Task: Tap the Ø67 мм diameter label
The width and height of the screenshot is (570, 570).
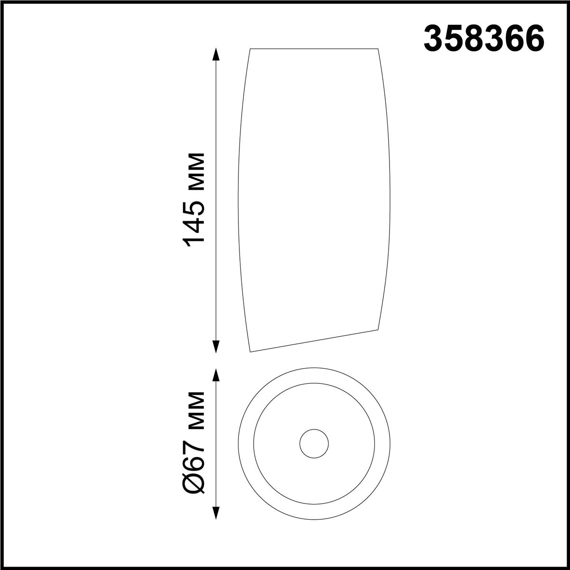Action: [x=195, y=444]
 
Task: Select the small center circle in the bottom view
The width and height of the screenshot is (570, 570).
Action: [x=314, y=444]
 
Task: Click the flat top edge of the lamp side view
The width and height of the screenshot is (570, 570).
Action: [x=313, y=48]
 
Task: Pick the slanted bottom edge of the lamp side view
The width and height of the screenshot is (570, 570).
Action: [x=313, y=340]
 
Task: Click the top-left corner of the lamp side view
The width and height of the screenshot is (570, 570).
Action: [x=250, y=49]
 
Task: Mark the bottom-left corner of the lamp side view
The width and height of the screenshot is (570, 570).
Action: [x=250, y=352]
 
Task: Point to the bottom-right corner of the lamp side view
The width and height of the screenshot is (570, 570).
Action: [x=379, y=328]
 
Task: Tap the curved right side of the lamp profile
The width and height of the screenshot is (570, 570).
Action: [x=390, y=190]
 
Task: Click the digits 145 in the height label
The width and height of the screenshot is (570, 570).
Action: [x=195, y=223]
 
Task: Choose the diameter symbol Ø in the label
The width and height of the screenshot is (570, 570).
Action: [x=195, y=484]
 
